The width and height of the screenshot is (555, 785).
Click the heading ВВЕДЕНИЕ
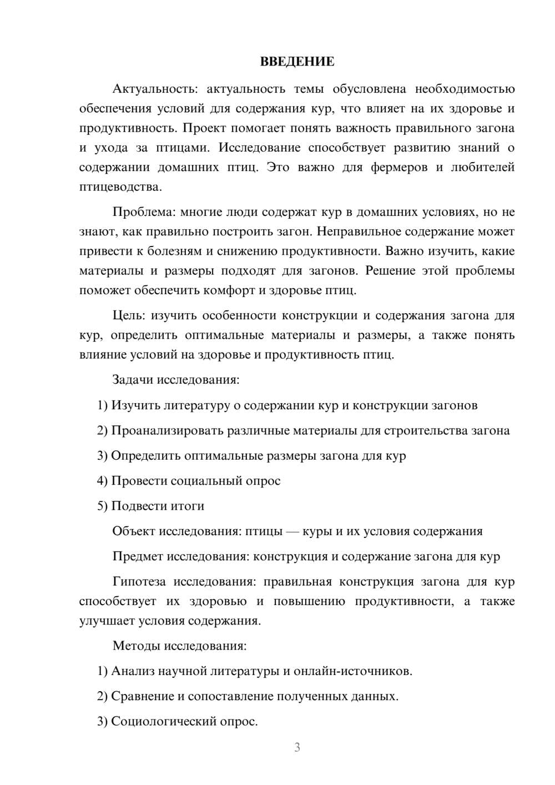pyautogui.click(x=297, y=62)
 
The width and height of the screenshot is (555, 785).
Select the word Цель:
pyautogui.click(x=129, y=315)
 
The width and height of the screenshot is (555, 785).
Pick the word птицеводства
pyautogui.click(x=120, y=187)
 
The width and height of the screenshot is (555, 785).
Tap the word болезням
pyautogui.click(x=176, y=251)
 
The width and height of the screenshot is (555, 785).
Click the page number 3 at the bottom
pyautogui.click(x=297, y=747)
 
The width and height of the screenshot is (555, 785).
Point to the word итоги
pyautogui.click(x=188, y=506)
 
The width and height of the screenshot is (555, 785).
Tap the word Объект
pyautogui.click(x=133, y=531)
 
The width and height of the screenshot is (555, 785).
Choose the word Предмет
pyautogui.click(x=137, y=556)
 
